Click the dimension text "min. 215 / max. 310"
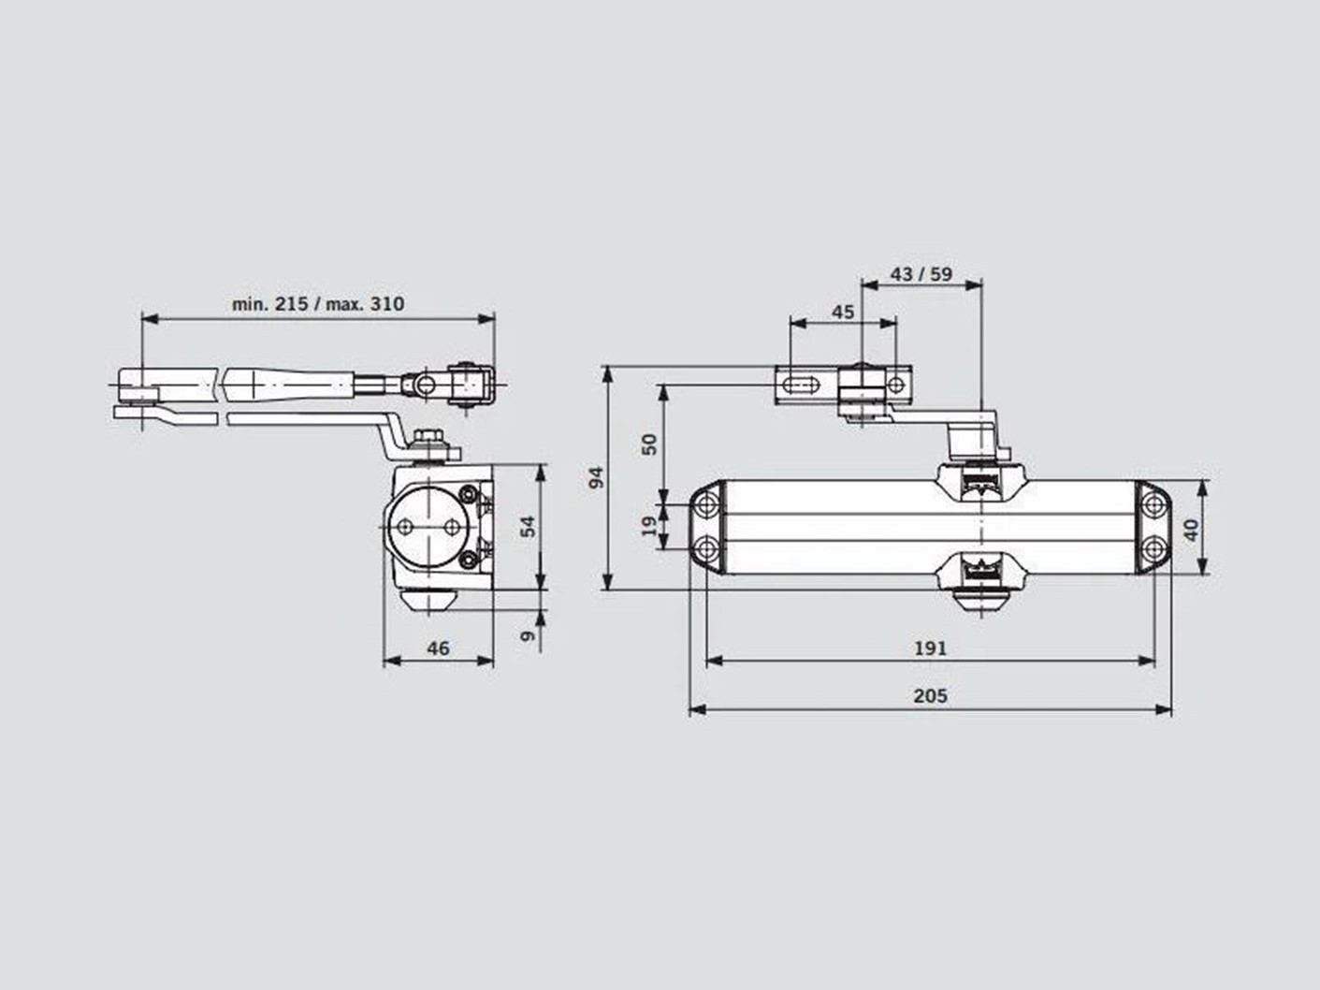pyautogui.click(x=318, y=304)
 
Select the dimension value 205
pyautogui.click(x=930, y=696)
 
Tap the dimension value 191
pyautogui.click(x=930, y=648)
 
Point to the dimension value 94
pyautogui.click(x=596, y=477)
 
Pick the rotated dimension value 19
pyautogui.click(x=650, y=526)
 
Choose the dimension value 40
pyautogui.click(x=1191, y=530)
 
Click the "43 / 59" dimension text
pyautogui.click(x=921, y=274)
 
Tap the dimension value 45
pyautogui.click(x=843, y=313)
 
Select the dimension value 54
pyautogui.click(x=528, y=526)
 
